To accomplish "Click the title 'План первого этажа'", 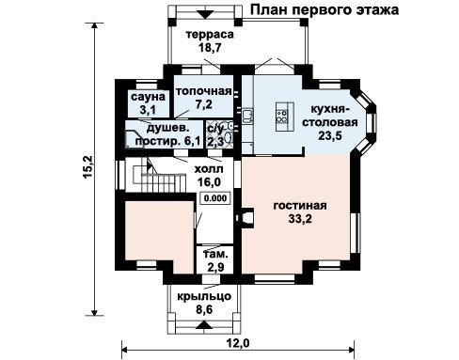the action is [x=324, y=9].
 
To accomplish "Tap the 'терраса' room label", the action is [x=210, y=34].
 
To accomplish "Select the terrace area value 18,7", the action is [x=210, y=48].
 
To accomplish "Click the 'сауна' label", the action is [x=148, y=97].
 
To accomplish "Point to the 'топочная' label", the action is [x=203, y=91].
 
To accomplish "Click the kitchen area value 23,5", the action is [x=330, y=135].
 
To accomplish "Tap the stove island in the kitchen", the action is [x=284, y=117].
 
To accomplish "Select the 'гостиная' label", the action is [x=300, y=206].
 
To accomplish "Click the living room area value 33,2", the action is [x=300, y=219].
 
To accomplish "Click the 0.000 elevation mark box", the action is [x=215, y=198].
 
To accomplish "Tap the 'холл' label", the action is [x=209, y=169].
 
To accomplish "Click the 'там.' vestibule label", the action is [x=215, y=254].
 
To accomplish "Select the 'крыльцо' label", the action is [x=204, y=296].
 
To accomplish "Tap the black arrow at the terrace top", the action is [x=206, y=15].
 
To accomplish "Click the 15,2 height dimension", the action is [x=87, y=167].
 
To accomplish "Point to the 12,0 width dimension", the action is [x=238, y=343].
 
